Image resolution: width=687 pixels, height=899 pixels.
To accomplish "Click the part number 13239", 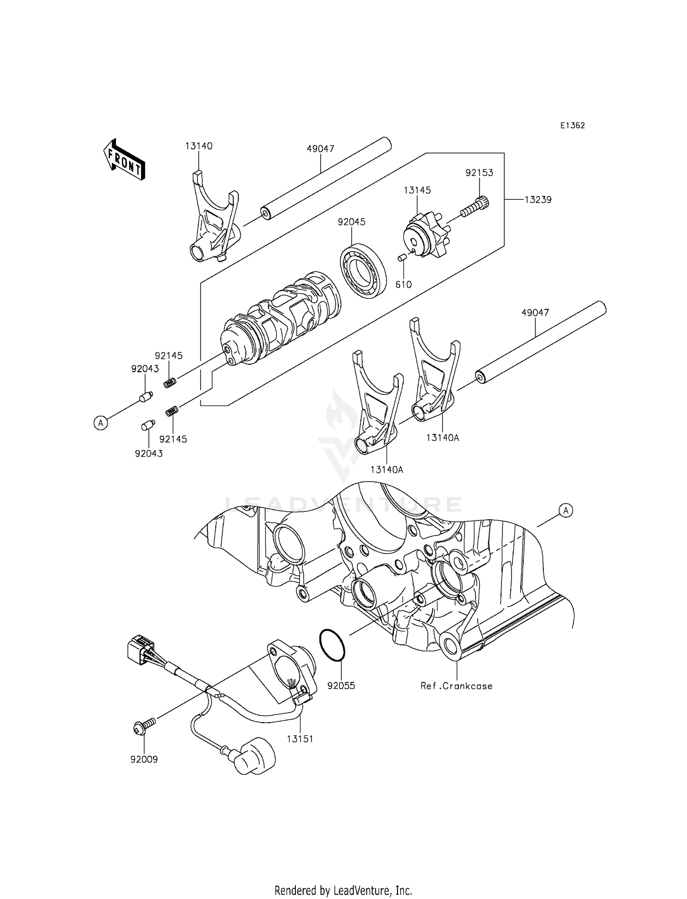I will pos(538,200).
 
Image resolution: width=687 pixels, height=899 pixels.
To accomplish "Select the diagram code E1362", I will pos(572,126).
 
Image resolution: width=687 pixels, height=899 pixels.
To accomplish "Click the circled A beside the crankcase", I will pos(566,510).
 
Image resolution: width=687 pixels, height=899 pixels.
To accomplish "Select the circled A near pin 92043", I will pos(101,422).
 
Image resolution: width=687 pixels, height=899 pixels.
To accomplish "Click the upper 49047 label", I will pos(320,149).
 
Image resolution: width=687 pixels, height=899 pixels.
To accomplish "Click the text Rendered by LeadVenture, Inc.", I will pos(343,890).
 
